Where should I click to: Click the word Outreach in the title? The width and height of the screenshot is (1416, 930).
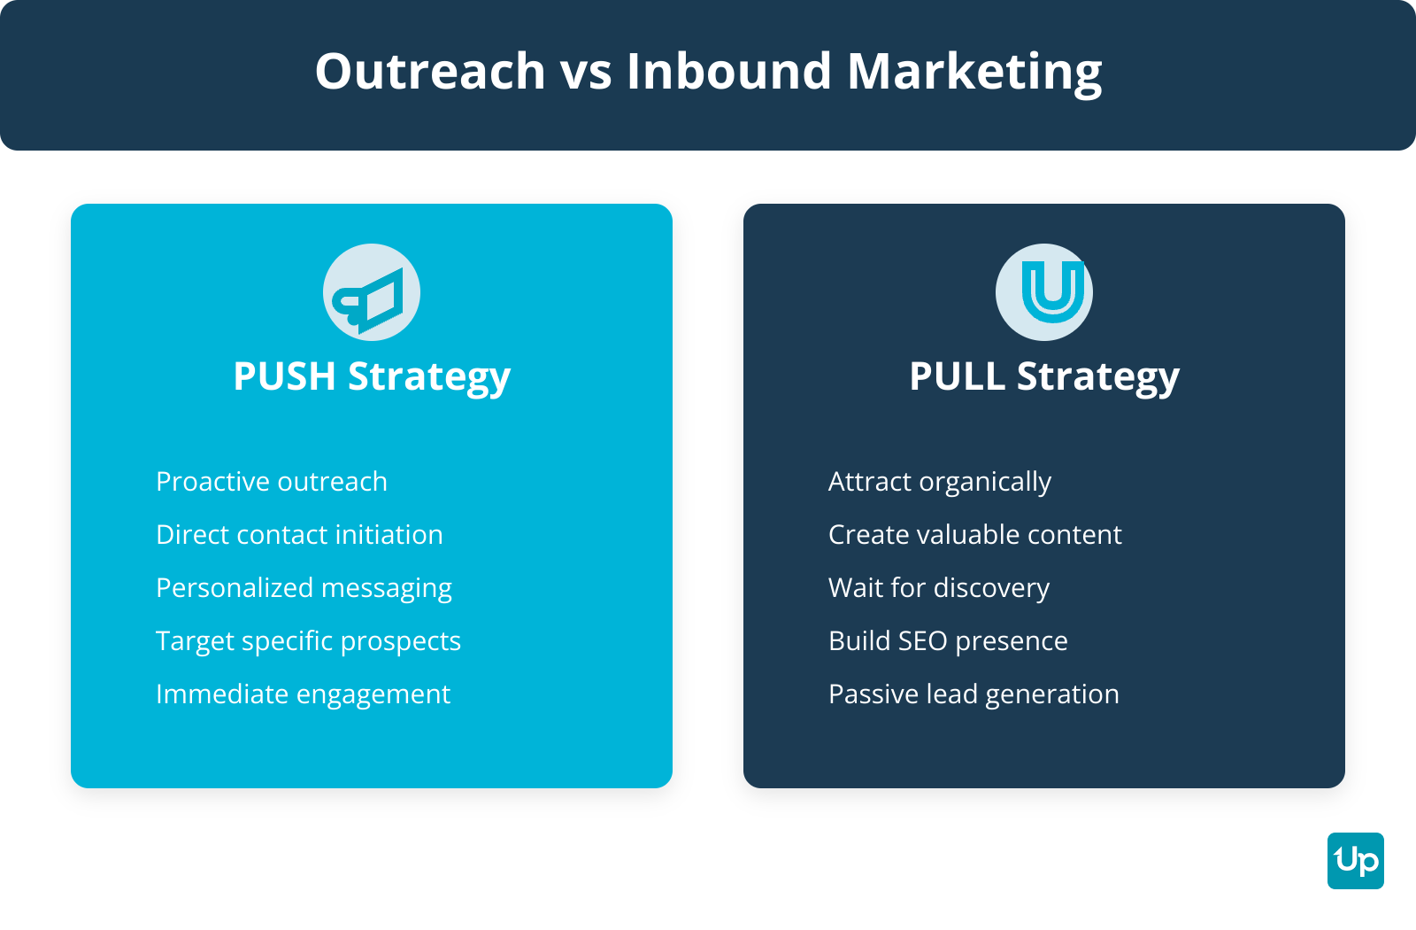tap(430, 71)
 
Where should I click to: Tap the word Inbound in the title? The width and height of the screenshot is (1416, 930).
tap(728, 71)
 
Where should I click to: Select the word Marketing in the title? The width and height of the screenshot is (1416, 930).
tap(974, 74)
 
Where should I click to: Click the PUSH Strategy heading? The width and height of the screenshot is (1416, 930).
tap(372, 377)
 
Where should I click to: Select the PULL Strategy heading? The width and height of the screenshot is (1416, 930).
tap(1044, 377)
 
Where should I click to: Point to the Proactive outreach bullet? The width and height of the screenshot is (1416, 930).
tap(272, 482)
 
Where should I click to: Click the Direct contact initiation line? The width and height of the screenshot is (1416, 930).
tap(300, 535)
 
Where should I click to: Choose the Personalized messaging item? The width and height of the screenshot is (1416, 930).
tap(304, 589)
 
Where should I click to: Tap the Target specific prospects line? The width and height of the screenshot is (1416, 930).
tap(309, 642)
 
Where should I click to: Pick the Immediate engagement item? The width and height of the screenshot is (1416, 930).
tap(304, 695)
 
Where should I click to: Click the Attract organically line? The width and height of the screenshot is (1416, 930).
tap(940, 483)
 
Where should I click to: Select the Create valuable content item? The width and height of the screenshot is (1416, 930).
tap(975, 535)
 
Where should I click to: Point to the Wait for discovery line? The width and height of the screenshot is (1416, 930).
tap(939, 589)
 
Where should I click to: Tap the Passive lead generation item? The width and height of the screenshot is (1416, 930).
tap(974, 695)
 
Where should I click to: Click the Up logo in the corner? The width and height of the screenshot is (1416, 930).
tap(1356, 861)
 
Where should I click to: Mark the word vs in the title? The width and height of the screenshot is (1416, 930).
tap(586, 74)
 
